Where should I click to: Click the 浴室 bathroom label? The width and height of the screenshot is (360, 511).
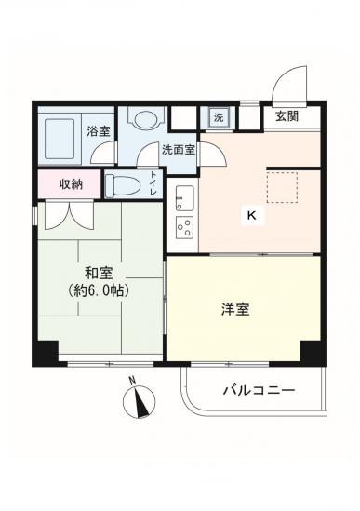(x=99, y=131)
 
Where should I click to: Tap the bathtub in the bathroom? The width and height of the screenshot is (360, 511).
(x=60, y=139)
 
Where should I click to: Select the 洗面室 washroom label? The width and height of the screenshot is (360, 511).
(x=179, y=150)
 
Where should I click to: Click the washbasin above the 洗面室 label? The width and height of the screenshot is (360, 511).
(x=146, y=119)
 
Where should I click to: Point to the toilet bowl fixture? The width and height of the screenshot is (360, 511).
(x=123, y=185)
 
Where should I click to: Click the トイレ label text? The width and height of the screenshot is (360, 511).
(x=153, y=183)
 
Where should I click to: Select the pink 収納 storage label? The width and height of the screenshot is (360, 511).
(x=71, y=184)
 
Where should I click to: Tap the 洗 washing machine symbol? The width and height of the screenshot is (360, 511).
(x=219, y=117)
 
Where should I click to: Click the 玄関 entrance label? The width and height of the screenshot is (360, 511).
(x=287, y=116)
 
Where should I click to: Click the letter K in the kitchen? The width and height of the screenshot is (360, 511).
(x=252, y=215)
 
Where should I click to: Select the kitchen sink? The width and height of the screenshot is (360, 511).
(x=185, y=198)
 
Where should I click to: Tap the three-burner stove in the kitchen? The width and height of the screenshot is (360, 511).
(x=185, y=227)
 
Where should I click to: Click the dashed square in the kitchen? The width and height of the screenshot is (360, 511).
(x=282, y=188)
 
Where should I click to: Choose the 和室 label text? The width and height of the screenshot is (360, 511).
(x=99, y=273)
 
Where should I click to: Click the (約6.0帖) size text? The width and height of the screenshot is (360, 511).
(x=99, y=290)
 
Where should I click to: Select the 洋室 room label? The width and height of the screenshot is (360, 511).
(x=235, y=309)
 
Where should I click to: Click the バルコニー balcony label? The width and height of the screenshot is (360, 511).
(x=259, y=390)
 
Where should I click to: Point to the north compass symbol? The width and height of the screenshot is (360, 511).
(x=139, y=401)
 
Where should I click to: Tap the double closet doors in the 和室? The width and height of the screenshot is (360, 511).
(x=70, y=215)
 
